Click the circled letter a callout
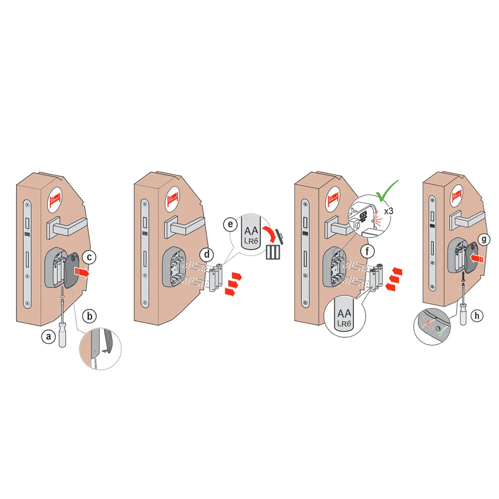tap(48, 337)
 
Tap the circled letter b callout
tap(90, 315)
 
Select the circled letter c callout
tap(88, 257)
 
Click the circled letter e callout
tap(230, 225)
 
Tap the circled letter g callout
tap(482, 239)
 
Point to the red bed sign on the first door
tap(56, 201)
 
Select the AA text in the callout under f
tap(343, 314)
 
